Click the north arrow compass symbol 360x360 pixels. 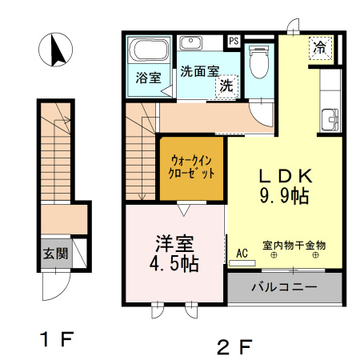(x=55, y=50)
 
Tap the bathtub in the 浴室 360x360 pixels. (x=149, y=50)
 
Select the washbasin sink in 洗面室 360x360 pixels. (x=190, y=42)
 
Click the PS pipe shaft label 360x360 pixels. (x=234, y=42)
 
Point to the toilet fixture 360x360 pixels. (x=258, y=62)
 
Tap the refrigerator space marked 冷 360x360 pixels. (x=320, y=48)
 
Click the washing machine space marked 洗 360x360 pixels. (x=226, y=86)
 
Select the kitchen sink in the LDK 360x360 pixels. (x=330, y=120)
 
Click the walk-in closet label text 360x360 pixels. (x=191, y=167)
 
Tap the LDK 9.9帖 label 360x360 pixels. (x=285, y=186)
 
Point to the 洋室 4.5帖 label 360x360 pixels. (x=174, y=254)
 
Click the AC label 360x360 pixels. (x=242, y=254)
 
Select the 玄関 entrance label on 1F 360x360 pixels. (x=56, y=254)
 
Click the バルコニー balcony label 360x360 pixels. (x=285, y=287)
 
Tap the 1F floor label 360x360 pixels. (x=57, y=339)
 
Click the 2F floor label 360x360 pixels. (x=235, y=346)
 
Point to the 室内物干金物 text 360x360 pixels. (x=294, y=246)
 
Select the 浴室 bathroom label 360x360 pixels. (x=148, y=78)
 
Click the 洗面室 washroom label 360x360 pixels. (x=200, y=71)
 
